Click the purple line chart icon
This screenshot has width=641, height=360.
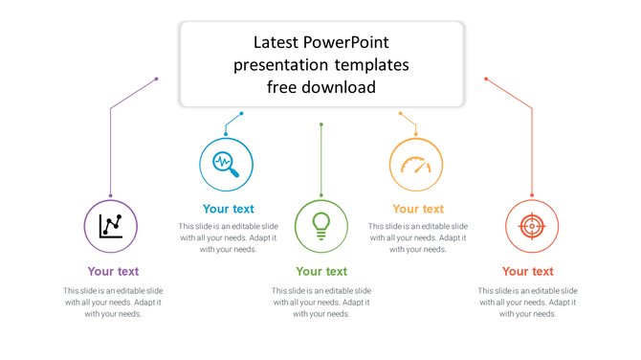(111, 227)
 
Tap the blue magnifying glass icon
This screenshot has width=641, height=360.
(226, 164)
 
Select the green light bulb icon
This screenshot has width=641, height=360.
(321, 226)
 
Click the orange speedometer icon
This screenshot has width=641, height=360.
(416, 164)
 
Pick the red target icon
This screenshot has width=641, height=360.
(531, 227)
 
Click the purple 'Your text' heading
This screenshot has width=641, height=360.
(113, 271)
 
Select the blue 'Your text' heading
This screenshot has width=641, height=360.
(228, 209)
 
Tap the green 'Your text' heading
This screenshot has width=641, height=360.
(321, 271)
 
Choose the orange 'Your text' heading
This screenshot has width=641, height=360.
(418, 209)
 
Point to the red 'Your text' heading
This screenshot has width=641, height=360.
(528, 271)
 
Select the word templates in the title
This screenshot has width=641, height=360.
(371, 65)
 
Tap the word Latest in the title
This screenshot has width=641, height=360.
(276, 42)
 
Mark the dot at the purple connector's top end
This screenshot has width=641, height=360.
(157, 79)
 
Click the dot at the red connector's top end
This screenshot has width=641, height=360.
(486, 79)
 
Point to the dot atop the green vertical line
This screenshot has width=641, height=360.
(321, 124)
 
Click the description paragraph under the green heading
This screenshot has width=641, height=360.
(321, 302)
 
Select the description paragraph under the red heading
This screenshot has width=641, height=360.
(528, 302)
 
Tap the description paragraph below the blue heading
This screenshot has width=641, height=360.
(228, 237)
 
